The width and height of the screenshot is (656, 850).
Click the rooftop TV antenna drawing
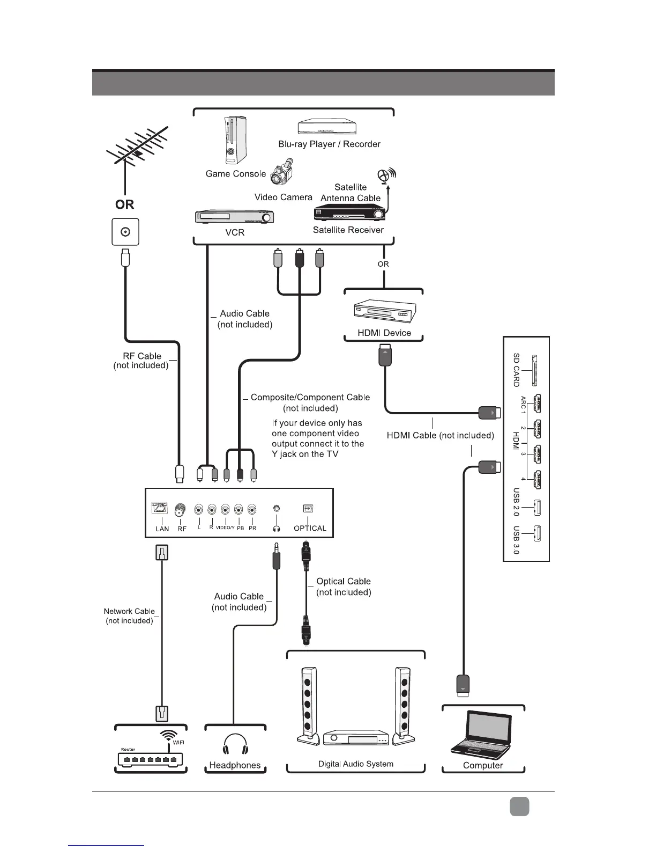pos(137,148)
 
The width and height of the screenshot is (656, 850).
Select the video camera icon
pos(284,173)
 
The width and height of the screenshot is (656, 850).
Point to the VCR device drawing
pos(234,217)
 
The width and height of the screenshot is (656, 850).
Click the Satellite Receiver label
pos(348,230)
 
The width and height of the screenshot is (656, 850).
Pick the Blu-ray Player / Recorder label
pos(329,144)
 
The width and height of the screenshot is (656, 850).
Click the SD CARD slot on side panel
pos(534,370)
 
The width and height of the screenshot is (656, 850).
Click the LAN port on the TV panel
pos(160,508)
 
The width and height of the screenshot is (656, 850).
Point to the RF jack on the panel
pos(181,508)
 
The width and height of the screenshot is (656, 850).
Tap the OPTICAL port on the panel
pos(308,509)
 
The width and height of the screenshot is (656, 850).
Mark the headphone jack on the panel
pos(277,509)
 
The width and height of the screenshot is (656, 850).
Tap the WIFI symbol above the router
pos(168,736)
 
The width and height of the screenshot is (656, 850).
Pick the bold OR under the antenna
pos(124,204)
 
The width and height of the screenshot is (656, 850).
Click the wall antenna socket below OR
pos(125,232)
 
